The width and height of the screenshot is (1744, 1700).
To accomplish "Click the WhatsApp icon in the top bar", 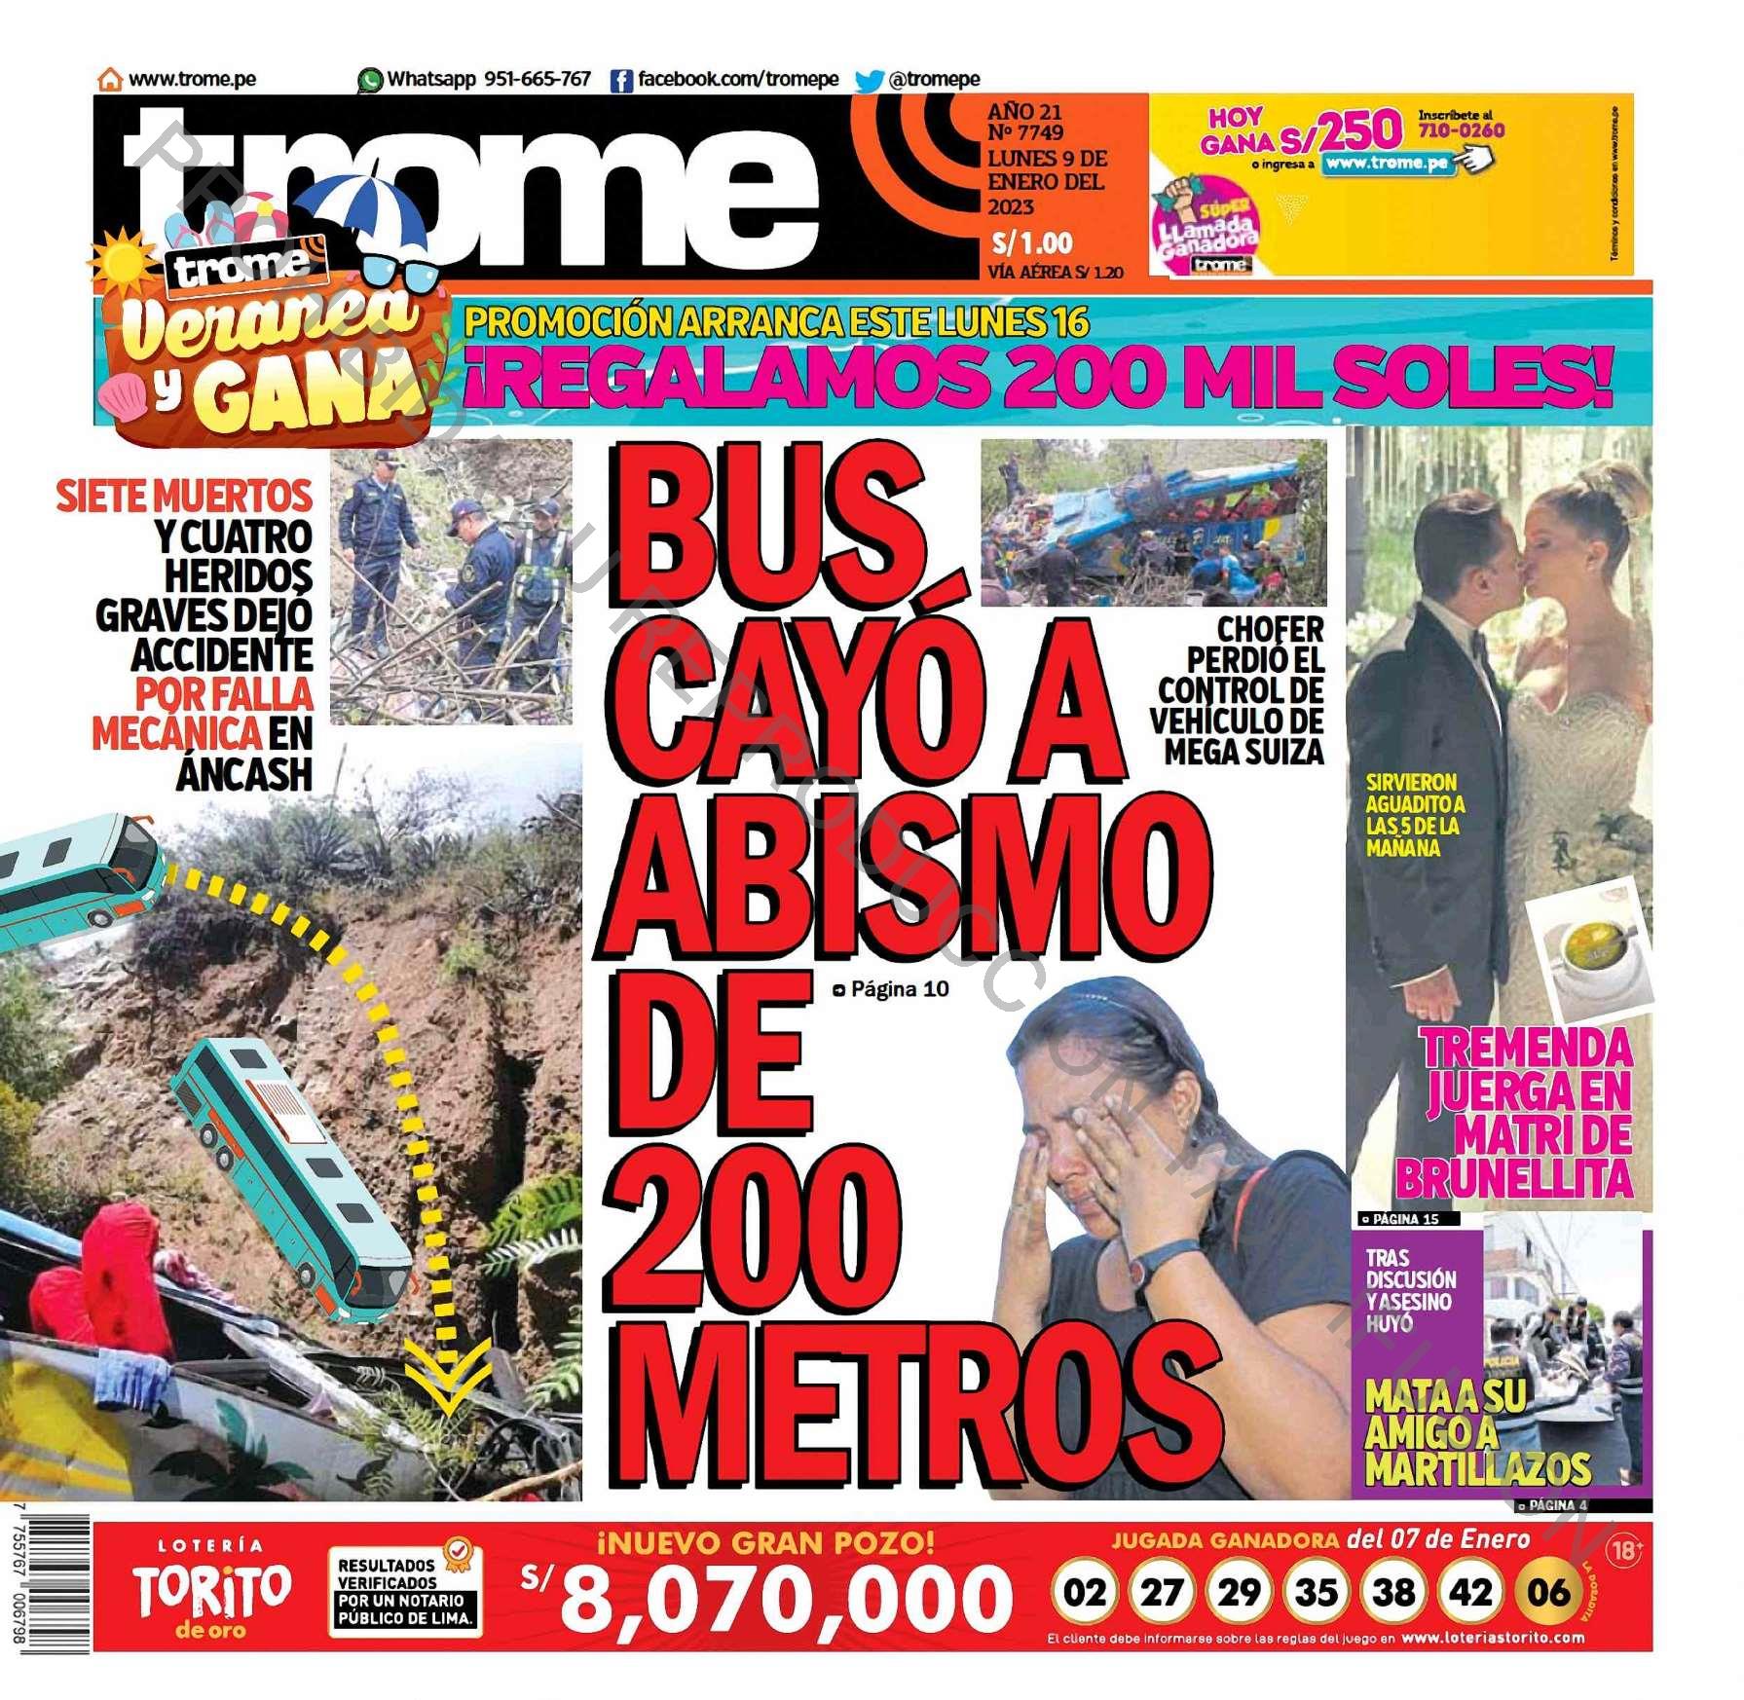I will coord(370,80).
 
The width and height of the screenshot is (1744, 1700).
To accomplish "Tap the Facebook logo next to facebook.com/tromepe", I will coord(621,81).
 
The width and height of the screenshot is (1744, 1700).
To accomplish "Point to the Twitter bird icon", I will coord(869,81).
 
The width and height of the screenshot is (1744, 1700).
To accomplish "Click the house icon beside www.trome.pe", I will coord(111,79).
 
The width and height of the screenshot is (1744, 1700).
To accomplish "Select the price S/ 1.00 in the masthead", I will coord(1031,242).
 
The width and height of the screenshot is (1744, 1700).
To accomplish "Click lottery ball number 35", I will coord(1316,1592).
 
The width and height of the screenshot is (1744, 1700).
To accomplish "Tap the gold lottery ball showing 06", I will coord(1547,1592).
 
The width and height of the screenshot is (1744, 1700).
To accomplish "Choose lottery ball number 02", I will coord(1084,1592).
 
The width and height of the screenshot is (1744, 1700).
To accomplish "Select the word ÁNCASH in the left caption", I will coord(244,775).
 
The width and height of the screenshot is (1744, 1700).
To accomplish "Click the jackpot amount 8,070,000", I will coord(785,1598).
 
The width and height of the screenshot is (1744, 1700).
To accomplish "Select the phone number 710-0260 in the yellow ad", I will coord(1461,130).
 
